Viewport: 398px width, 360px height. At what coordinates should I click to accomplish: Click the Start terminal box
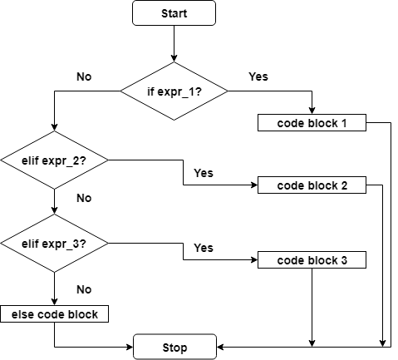[174, 12]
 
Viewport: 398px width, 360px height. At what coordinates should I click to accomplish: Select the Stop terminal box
[174, 347]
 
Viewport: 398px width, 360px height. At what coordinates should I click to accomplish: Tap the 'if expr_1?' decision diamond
[174, 90]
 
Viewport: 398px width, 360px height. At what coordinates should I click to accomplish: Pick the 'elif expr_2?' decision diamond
[54, 159]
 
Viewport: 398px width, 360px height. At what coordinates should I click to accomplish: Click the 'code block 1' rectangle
[311, 123]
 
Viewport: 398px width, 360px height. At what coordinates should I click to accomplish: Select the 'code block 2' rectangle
[312, 185]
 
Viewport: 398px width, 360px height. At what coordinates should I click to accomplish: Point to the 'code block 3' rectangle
[312, 260]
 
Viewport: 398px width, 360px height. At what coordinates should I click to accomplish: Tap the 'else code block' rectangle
[54, 314]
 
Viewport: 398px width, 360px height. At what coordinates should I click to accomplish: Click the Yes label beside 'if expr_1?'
[258, 76]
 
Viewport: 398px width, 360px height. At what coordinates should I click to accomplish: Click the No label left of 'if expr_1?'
[83, 76]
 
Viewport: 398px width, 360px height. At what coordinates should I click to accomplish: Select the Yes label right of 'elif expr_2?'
[203, 173]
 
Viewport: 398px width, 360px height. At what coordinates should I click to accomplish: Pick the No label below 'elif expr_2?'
[83, 199]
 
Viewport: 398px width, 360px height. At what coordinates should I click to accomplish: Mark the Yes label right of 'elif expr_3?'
[203, 248]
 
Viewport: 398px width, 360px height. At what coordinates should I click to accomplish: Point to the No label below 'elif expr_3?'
[83, 289]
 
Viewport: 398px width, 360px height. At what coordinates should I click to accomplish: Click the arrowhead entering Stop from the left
[129, 347]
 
